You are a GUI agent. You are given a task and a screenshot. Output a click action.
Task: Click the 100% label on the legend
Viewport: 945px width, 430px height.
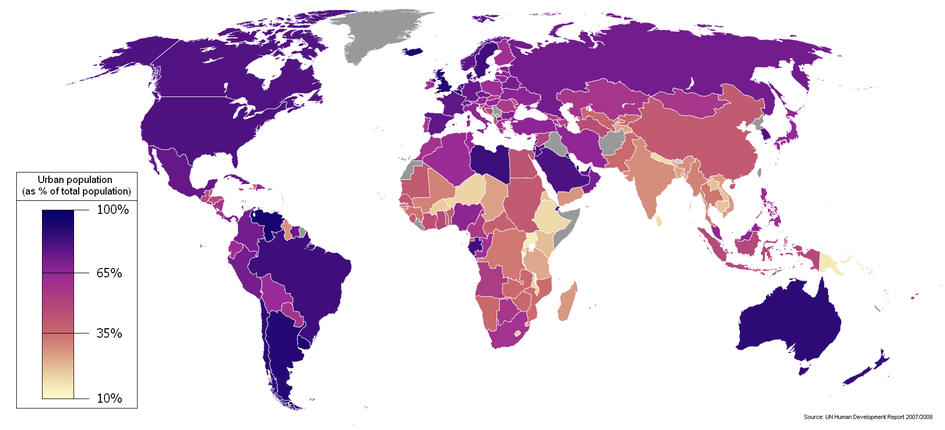coord(112,210)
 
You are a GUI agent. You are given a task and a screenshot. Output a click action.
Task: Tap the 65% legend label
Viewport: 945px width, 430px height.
coord(109,273)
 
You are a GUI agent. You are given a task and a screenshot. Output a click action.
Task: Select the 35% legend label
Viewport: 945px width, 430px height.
coord(109,333)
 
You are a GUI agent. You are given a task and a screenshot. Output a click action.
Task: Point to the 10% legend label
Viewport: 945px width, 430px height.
coord(109,398)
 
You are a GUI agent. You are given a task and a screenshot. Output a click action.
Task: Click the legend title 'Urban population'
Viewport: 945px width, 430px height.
coord(75,179)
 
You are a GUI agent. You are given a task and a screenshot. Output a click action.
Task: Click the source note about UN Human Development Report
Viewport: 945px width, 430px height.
coord(868,417)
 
